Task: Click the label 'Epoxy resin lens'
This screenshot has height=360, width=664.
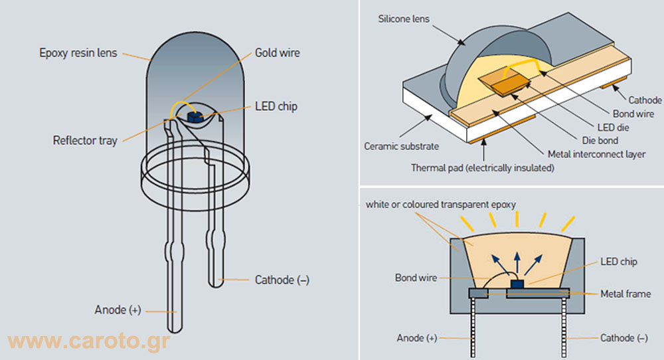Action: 78,52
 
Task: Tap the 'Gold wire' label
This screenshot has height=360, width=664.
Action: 277,52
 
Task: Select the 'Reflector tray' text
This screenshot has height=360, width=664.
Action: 85,140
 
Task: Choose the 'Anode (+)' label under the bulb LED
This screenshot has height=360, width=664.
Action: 118,310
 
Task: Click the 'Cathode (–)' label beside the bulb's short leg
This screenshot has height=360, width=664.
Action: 282,280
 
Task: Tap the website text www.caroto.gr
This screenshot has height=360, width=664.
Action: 89,341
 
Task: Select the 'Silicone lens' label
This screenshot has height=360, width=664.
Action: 405,18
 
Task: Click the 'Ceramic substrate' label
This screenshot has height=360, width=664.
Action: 401,146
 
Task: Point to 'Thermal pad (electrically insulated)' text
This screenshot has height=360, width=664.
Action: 482,168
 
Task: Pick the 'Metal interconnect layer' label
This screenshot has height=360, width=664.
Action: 596,154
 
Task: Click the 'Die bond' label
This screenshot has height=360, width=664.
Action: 600,140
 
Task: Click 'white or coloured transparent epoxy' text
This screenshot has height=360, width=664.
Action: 440,205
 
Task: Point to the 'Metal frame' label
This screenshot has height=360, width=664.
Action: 625,294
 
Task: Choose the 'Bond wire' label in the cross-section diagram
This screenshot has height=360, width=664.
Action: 416,278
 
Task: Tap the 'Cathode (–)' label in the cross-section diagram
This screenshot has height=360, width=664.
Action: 623,338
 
